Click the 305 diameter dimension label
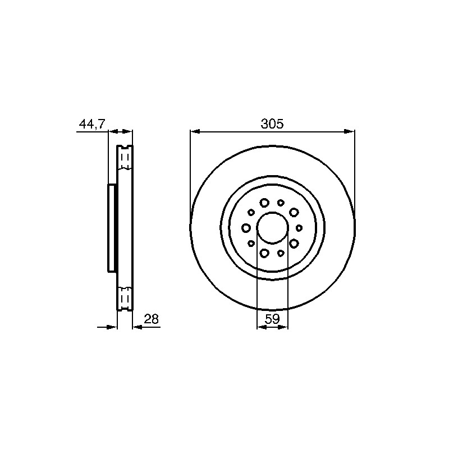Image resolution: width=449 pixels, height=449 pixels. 272,123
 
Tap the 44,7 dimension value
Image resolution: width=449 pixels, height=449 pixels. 92,124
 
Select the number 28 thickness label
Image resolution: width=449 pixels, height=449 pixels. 151,319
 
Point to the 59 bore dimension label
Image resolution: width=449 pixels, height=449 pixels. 272,319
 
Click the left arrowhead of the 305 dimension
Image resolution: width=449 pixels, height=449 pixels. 195,131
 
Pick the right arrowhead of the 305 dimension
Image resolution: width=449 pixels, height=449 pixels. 350,131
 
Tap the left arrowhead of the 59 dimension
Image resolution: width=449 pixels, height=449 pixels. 261,327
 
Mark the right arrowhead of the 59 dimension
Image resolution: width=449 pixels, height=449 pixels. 283,327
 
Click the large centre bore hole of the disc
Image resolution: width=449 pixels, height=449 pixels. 272,228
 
